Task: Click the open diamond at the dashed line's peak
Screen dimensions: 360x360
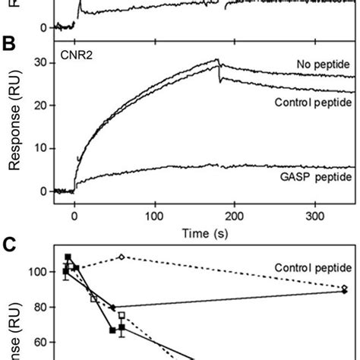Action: [x=121, y=278]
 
